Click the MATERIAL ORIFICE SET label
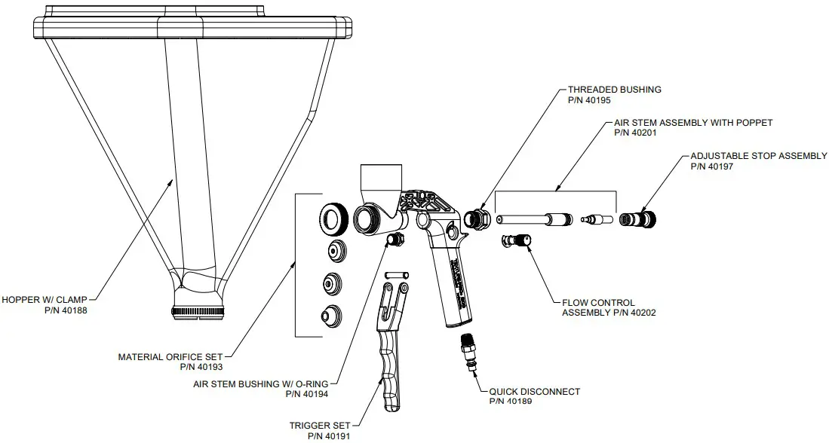(171, 356)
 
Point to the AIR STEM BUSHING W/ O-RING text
(260, 383)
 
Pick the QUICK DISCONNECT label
(534, 391)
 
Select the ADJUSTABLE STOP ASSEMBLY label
(759, 156)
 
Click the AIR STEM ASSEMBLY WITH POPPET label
(693, 122)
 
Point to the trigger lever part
(393, 347)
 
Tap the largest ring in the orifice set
(333, 219)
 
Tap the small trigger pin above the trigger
(395, 275)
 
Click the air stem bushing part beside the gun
(394, 239)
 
